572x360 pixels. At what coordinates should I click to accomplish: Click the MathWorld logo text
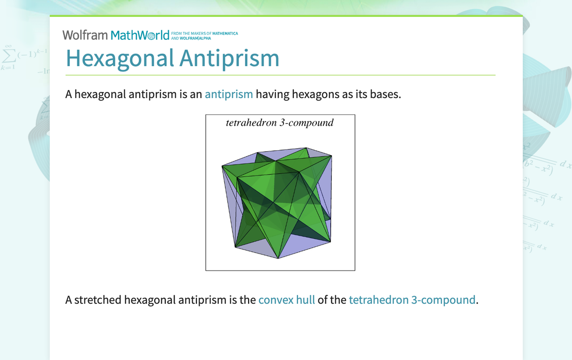click(x=140, y=35)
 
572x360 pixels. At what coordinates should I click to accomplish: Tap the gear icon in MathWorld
click(x=151, y=36)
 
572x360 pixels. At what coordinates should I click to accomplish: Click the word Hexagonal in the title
click(x=120, y=58)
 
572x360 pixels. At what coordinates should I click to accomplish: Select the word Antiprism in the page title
click(x=229, y=58)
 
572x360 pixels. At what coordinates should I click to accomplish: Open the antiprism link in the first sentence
click(x=229, y=94)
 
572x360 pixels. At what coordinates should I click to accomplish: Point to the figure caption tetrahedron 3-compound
click(x=280, y=122)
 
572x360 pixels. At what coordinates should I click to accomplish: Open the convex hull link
click(x=286, y=300)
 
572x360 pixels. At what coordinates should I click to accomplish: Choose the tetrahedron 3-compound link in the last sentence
click(x=412, y=300)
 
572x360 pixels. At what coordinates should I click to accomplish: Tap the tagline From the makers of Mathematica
click(x=204, y=33)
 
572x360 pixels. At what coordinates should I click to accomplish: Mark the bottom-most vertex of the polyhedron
click(x=279, y=259)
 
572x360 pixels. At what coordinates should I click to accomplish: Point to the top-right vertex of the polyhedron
click(x=332, y=156)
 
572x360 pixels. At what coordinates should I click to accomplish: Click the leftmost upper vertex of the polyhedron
click(x=222, y=166)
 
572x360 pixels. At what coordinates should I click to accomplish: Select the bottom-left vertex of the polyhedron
click(x=235, y=247)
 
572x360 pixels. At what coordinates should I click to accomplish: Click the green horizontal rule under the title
click(x=280, y=75)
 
